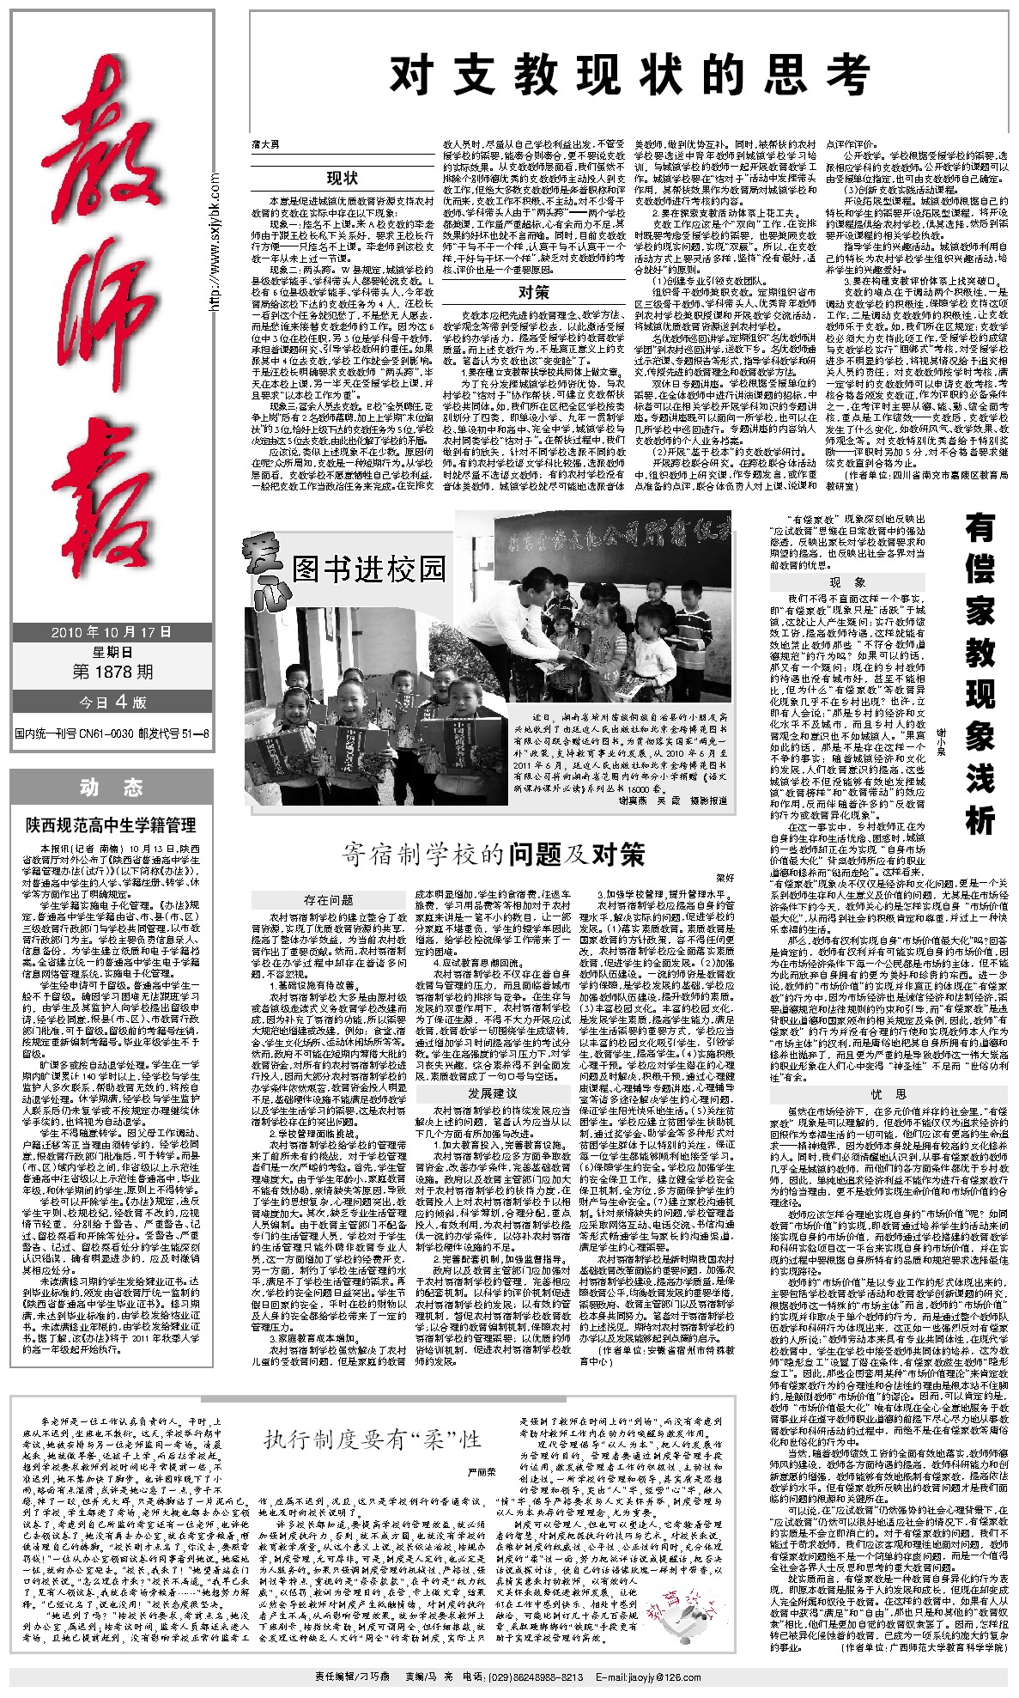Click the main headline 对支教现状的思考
[629, 75]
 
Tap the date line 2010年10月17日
[112, 631]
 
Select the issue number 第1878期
[112, 671]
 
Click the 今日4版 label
[112, 702]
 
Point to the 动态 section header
[112, 787]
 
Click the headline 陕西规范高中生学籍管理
[111, 825]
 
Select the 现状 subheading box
[342, 178]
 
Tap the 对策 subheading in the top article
[532, 292]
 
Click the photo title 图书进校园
[369, 568]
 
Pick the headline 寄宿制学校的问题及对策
[493, 854]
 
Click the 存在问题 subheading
[329, 899]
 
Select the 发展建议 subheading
[493, 1092]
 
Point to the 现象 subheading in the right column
[848, 582]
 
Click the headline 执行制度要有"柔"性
[372, 1439]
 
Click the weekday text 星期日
[112, 652]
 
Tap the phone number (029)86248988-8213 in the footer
[536, 1677]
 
